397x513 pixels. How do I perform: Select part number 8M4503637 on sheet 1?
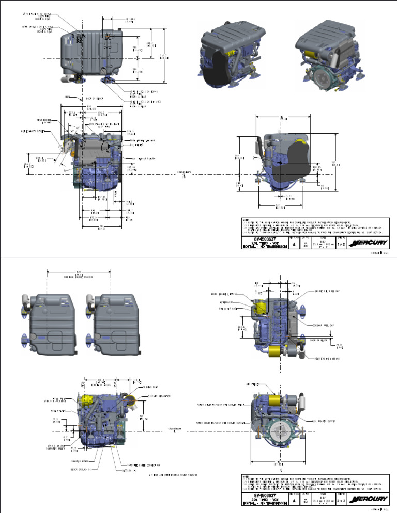(262, 238)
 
